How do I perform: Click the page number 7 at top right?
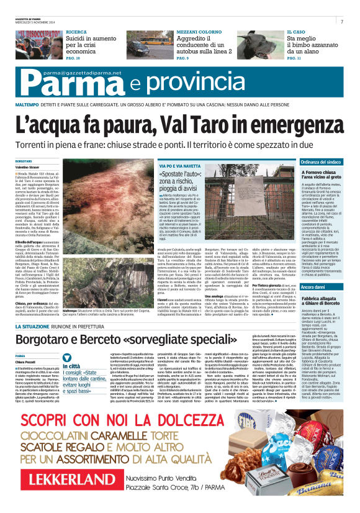point(342,22)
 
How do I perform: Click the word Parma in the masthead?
point(44,84)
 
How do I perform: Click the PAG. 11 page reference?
point(294,58)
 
